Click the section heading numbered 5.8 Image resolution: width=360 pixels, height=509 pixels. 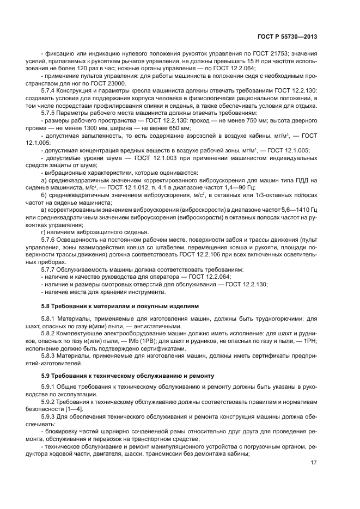pyautogui.click(x=113, y=306)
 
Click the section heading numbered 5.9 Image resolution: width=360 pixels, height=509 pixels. pyautogui.click(x=125, y=375)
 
